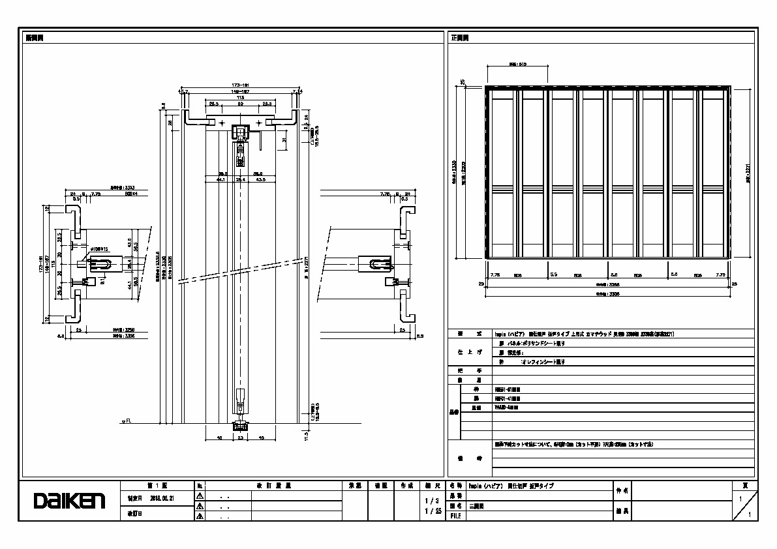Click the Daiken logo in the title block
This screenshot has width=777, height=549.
69,501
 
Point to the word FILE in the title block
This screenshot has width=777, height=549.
455,516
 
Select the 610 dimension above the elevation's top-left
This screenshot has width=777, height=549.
518,65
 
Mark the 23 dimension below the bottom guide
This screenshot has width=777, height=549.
241,438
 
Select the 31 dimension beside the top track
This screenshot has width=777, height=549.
285,139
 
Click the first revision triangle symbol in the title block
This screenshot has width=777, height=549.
200,496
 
